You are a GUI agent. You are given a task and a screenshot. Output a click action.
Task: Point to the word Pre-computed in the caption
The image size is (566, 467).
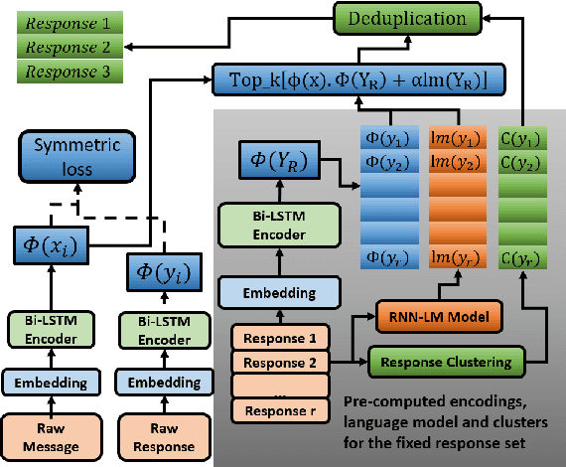388,402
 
